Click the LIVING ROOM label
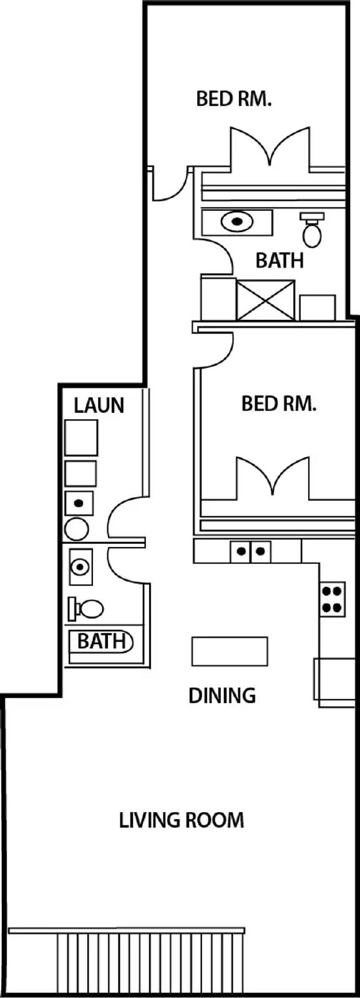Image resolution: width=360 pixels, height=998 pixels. [x=181, y=820]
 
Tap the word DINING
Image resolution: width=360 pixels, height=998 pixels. [x=222, y=695]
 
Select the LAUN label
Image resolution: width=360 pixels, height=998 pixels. [x=99, y=405]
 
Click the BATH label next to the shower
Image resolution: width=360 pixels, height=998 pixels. [x=279, y=260]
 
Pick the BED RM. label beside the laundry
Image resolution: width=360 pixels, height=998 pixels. [x=279, y=404]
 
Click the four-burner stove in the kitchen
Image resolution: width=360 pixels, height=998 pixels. [x=332, y=599]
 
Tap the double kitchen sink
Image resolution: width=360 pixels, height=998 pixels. [x=250, y=551]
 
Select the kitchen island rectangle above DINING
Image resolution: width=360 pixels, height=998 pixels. [x=229, y=652]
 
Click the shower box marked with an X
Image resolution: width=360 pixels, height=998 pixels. [x=266, y=300]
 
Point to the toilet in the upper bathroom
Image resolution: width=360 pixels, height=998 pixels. [x=311, y=231]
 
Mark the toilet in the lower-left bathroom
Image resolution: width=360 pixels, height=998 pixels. [x=87, y=608]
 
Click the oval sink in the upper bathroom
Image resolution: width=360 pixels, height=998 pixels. [x=237, y=222]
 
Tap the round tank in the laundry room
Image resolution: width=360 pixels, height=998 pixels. [x=77, y=529]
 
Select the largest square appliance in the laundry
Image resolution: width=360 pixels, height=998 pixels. [x=81, y=437]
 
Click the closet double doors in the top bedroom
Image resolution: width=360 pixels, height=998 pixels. [x=270, y=150]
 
